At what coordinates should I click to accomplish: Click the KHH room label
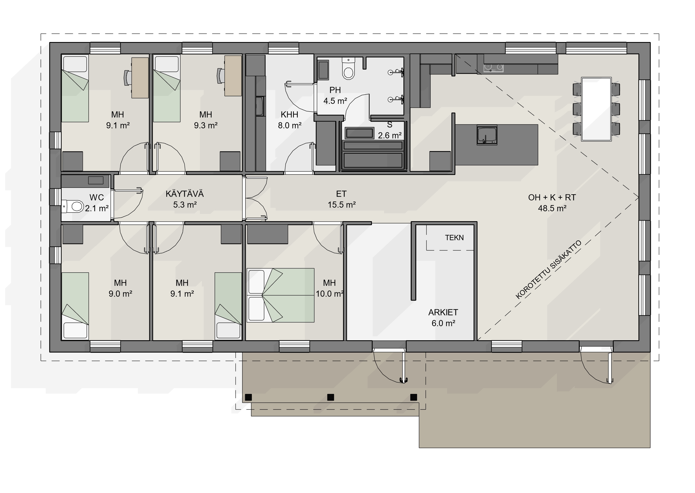[x=289, y=114]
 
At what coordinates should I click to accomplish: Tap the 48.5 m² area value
[x=552, y=208]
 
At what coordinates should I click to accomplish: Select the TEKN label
[x=454, y=238]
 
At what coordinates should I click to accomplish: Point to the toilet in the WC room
[x=73, y=206]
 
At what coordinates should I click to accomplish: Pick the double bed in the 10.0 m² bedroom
[x=280, y=295]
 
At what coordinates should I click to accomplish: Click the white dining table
[x=596, y=109]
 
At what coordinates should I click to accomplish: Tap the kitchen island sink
[x=487, y=135]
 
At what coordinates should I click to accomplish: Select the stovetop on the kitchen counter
[x=493, y=68]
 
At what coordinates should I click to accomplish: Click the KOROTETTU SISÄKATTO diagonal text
[x=548, y=270]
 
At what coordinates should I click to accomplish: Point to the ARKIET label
[x=443, y=312]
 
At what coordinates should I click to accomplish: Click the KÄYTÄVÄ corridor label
[x=185, y=194]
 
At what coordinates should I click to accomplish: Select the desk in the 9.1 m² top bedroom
[x=140, y=78]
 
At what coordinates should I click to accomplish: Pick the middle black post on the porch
[x=331, y=397]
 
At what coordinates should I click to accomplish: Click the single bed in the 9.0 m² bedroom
[x=75, y=306]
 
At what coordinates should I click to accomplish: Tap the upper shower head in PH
[x=396, y=72]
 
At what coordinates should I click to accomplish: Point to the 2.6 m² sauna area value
[x=389, y=135]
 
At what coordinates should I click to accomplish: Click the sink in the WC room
[x=96, y=180]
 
